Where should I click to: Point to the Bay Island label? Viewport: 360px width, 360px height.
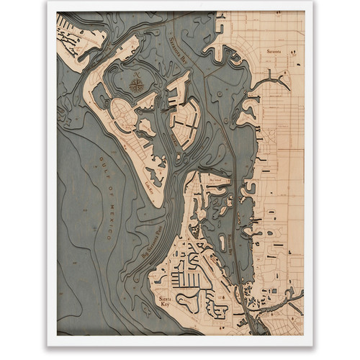[x=214, y=175]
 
